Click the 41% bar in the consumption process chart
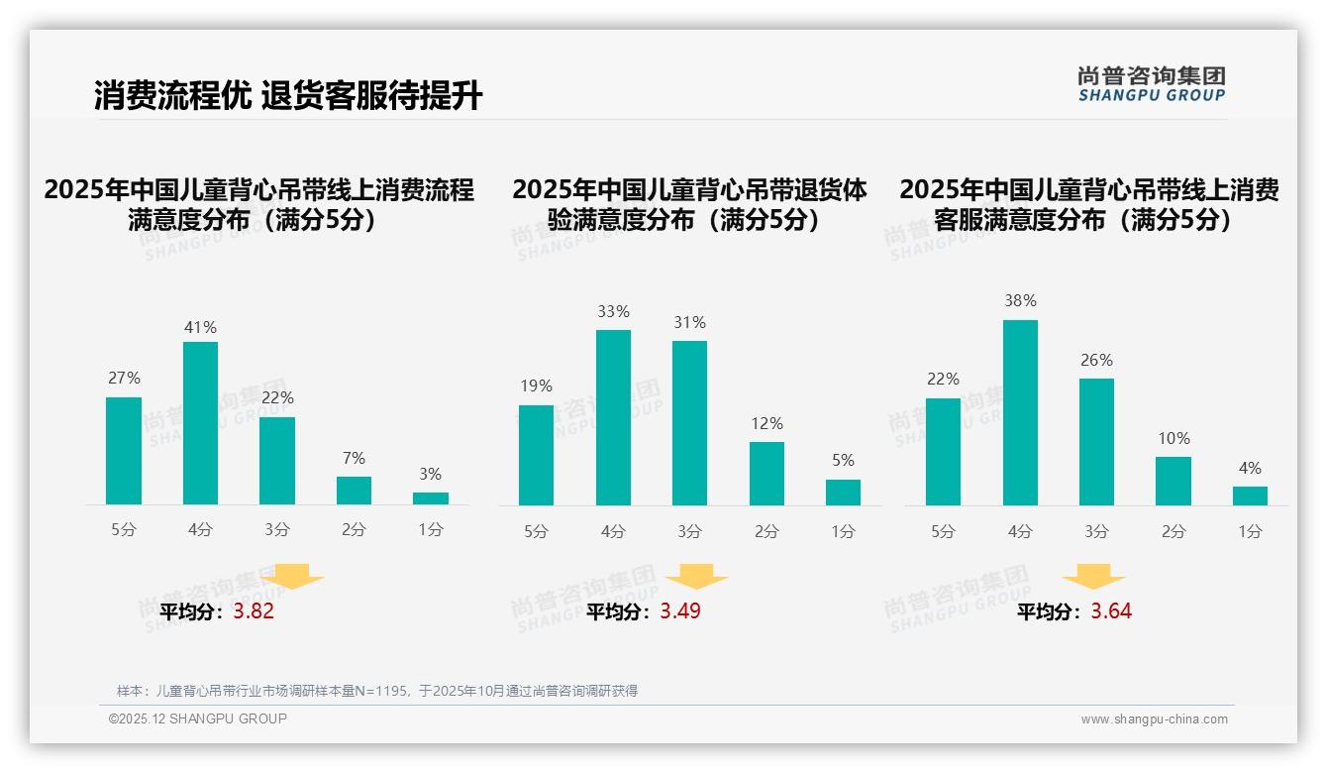pos(200,423)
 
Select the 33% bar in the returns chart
pos(613,417)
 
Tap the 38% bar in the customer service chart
pos(1020,412)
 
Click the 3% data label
pos(430,475)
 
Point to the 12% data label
pos(766,423)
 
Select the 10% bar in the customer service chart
pos(1174,481)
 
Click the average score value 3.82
pos(254,611)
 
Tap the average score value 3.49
pos(680,611)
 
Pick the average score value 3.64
pos(1111,611)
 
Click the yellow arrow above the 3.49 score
pos(696,577)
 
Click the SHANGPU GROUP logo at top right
pos(1151,84)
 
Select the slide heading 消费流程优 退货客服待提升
pos(288,96)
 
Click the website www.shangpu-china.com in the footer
pos(1154,719)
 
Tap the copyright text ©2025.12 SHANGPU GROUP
pos(198,718)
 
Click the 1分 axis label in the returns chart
pos(843,531)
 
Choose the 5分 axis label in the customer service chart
pos(943,531)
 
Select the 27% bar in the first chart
pos(124,451)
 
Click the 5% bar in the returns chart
pos(843,493)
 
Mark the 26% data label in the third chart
pos(1096,361)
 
